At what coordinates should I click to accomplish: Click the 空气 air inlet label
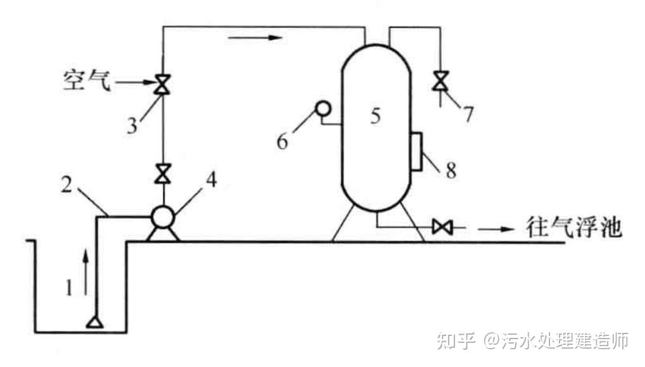pos(86,82)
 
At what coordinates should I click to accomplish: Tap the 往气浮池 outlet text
pos(573,226)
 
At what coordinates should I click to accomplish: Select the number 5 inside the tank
pos(375,116)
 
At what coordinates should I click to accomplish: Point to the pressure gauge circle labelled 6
pos(323,109)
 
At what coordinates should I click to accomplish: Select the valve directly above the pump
pos(163,172)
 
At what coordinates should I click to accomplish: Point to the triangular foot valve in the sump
pos(95,323)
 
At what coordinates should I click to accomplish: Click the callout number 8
pos(450,170)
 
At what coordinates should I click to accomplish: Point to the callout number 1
pos(70,288)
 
